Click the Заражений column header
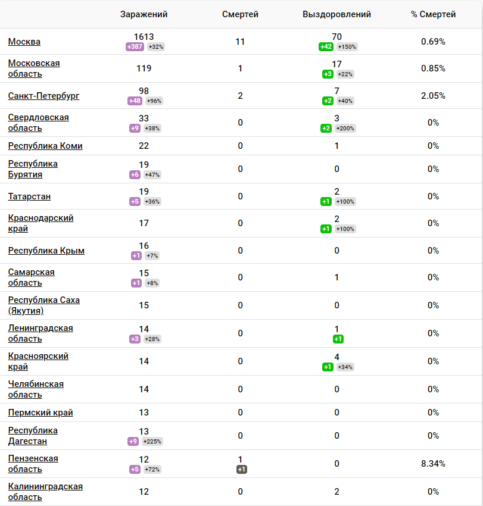pyautogui.click(x=144, y=14)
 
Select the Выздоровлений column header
pyautogui.click(x=336, y=14)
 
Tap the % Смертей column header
pyautogui.click(x=433, y=14)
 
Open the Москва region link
pyautogui.click(x=24, y=42)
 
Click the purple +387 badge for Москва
pyautogui.click(x=135, y=47)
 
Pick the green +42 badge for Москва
pyautogui.click(x=326, y=47)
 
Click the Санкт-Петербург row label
pyautogui.click(x=43, y=96)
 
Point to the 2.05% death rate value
pyautogui.click(x=433, y=96)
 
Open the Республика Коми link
pyautogui.click(x=45, y=146)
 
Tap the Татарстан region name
pyautogui.click(x=29, y=196)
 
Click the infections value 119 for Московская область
pyautogui.click(x=144, y=68)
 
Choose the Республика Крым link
pyautogui.click(x=46, y=251)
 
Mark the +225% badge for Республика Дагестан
pyautogui.click(x=152, y=442)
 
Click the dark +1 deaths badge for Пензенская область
pyautogui.click(x=241, y=470)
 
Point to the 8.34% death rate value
pyautogui.click(x=433, y=464)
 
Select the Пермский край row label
pyautogui.click(x=40, y=413)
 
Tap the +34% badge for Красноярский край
pyautogui.click(x=345, y=367)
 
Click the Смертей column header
pyautogui.click(x=240, y=14)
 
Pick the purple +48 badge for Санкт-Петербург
pyautogui.click(x=135, y=101)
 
